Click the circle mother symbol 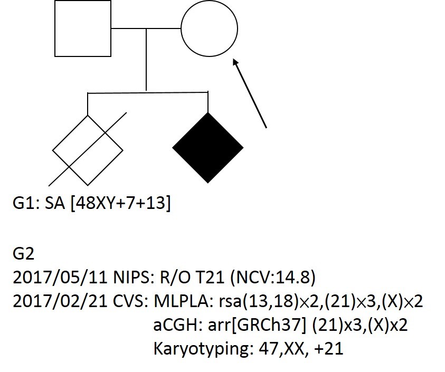pyautogui.click(x=182, y=28)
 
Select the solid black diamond pyautogui.click(x=208, y=148)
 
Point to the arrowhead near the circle pyautogui.click(x=235, y=62)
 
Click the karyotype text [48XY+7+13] pyautogui.click(x=120, y=203)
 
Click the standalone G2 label pyautogui.click(x=24, y=254)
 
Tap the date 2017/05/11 pyautogui.click(x=60, y=278)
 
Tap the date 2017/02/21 pyautogui.click(x=60, y=301)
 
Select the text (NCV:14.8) pyautogui.click(x=273, y=278)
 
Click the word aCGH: pyautogui.click(x=178, y=325)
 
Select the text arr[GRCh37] pyautogui.click(x=257, y=325)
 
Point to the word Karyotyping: pyautogui.click(x=203, y=349)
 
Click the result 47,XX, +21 pyautogui.click(x=301, y=349)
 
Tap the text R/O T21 pyautogui.click(x=192, y=278)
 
